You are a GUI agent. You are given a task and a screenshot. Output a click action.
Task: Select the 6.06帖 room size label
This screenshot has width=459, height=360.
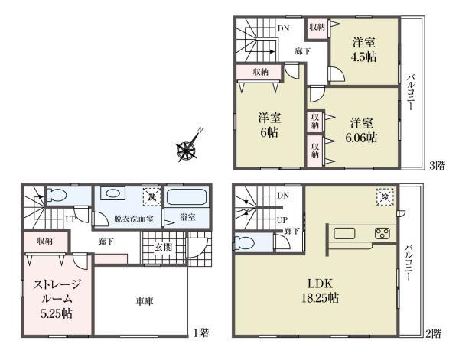point(362,131)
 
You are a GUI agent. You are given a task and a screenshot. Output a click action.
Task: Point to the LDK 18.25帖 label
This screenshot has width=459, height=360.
point(321,290)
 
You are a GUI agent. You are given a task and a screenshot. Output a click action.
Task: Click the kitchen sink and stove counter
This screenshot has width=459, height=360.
point(360,232)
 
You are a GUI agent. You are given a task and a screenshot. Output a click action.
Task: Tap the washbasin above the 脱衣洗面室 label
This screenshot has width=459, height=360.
point(115,194)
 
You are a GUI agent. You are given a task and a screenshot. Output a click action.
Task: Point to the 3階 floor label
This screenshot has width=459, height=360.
point(437,164)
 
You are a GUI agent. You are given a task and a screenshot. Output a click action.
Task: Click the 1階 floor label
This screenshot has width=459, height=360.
point(200,332)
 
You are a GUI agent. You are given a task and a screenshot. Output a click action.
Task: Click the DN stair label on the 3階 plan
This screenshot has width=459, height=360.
point(283,29)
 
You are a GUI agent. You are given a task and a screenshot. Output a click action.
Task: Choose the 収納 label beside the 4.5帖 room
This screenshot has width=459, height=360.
point(317,26)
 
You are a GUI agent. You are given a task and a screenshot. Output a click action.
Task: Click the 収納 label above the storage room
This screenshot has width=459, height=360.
point(44,241)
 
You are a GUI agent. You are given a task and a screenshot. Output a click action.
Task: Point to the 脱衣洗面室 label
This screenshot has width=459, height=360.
point(133,219)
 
